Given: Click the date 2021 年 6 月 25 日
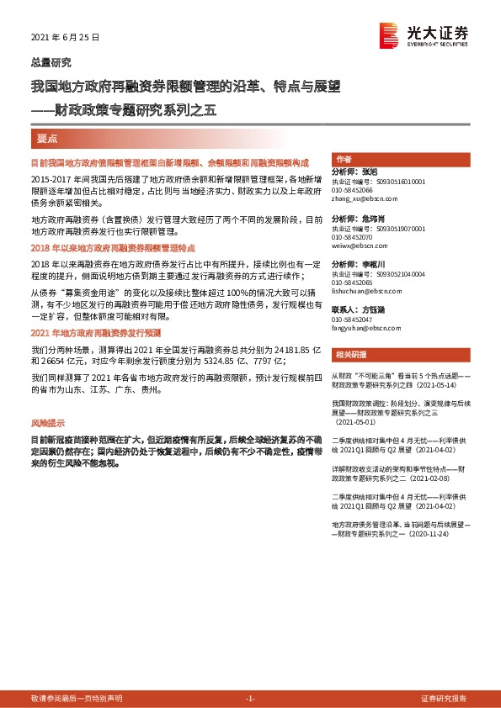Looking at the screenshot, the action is tap(64, 38).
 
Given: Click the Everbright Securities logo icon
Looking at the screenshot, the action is tap(390, 34).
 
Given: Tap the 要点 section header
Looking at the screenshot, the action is tap(47, 137).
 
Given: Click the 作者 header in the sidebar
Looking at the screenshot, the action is tap(344, 159).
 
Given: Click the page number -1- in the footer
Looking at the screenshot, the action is tap(250, 699).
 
